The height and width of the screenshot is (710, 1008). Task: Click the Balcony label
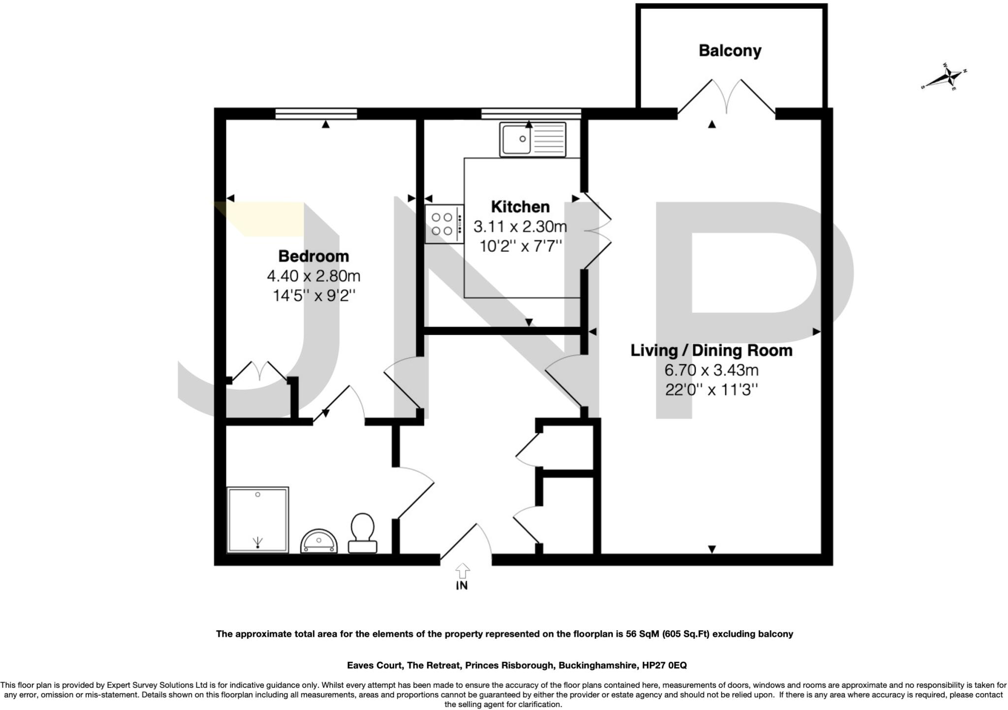[729, 51]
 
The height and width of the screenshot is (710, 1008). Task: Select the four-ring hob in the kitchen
[444, 224]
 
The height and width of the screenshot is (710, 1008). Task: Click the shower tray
[258, 520]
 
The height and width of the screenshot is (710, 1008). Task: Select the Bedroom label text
[313, 256]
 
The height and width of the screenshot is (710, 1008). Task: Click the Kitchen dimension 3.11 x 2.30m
[520, 227]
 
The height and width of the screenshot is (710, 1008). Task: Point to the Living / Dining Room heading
[711, 351]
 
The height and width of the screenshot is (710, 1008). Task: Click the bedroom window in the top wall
[316, 114]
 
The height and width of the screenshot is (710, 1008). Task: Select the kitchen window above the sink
[531, 114]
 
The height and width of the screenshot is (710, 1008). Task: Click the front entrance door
[466, 543]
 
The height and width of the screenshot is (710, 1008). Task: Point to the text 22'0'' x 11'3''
[711, 390]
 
